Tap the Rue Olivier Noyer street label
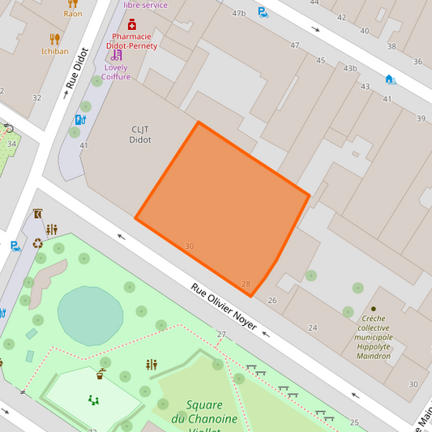tap(224, 306)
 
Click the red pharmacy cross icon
tap(132, 25)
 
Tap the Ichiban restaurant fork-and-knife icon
tap(54, 38)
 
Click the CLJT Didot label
tap(140, 134)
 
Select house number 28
tap(246, 284)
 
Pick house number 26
tap(272, 301)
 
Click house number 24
tap(313, 327)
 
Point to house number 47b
tap(238, 14)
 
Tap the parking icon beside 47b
tap(263, 12)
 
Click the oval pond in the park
tap(90, 315)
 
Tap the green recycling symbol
tap(38, 242)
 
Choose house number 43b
tap(350, 69)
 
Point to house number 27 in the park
tap(221, 335)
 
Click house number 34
tap(11, 144)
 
